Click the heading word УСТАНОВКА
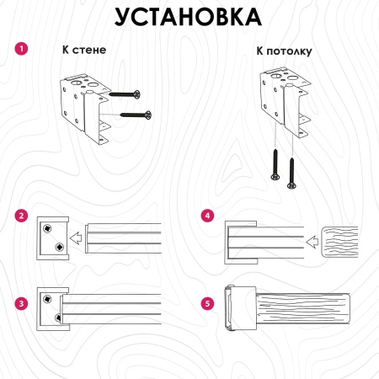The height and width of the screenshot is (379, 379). point(188,17)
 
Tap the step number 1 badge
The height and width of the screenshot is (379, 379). point(21,49)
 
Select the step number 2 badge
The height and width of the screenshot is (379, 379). point(21,216)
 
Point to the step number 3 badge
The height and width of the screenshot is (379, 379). point(21,303)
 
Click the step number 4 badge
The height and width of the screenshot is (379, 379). point(207,216)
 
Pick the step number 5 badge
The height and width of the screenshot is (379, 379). point(207,303)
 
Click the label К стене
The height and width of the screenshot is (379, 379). point(84,50)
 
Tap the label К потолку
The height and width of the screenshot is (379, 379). point(284,51)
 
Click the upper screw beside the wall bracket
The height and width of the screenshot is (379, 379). point(125,94)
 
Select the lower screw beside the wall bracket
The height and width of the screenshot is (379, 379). point(136,115)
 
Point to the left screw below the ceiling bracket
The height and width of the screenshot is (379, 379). point(275,164)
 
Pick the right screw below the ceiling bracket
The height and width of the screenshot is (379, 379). point(291,173)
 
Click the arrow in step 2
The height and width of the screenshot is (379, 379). point(75,238)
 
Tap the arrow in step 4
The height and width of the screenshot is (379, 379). point(312,242)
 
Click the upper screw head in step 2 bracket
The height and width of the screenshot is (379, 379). point(47,228)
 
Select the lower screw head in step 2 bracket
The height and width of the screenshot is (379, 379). point(60,247)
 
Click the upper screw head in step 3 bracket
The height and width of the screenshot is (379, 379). point(47,299)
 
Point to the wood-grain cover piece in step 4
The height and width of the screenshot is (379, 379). point(339,242)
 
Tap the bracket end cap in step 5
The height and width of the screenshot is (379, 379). point(241,308)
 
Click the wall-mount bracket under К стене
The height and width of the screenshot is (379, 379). point(84,109)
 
